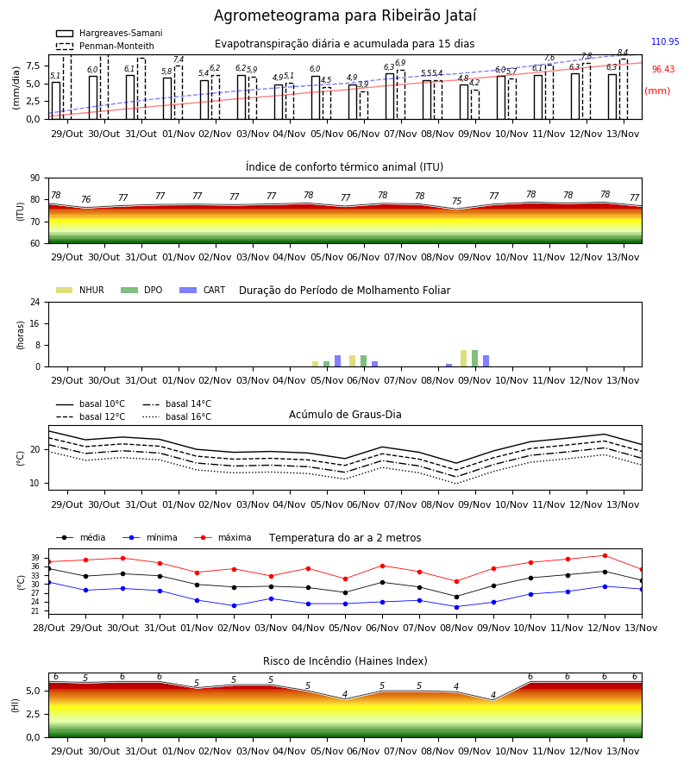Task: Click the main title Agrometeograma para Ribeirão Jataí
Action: click(345, 16)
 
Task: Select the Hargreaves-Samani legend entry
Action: click(109, 33)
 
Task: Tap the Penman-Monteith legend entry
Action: click(105, 46)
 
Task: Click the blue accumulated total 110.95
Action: click(665, 41)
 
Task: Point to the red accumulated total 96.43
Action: click(663, 69)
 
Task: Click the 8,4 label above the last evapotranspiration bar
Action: click(623, 53)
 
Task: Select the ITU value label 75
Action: click(456, 201)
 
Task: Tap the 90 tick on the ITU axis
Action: click(35, 178)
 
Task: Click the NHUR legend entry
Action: click(80, 290)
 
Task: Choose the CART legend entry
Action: click(203, 290)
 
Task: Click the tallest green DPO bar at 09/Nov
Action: click(474, 359)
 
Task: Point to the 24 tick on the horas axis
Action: click(35, 302)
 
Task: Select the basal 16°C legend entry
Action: click(177, 416)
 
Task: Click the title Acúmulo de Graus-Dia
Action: click(345, 415)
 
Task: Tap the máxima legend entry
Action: click(223, 537)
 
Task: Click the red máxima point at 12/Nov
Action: click(605, 556)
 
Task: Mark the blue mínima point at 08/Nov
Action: click(456, 607)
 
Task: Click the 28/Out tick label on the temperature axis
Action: click(48, 628)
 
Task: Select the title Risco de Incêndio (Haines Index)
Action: click(345, 661)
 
